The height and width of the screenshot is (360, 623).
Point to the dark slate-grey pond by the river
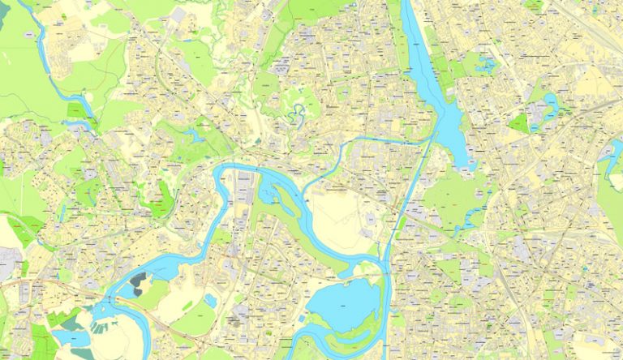pos(138,283)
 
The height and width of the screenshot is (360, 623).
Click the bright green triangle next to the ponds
pos(519,123)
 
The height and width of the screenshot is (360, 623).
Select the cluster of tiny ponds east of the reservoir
pos(488,64)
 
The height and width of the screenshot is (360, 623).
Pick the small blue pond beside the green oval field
pos(210,301)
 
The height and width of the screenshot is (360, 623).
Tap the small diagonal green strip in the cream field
pos(187,306)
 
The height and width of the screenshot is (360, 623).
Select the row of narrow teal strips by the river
pos(101,329)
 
